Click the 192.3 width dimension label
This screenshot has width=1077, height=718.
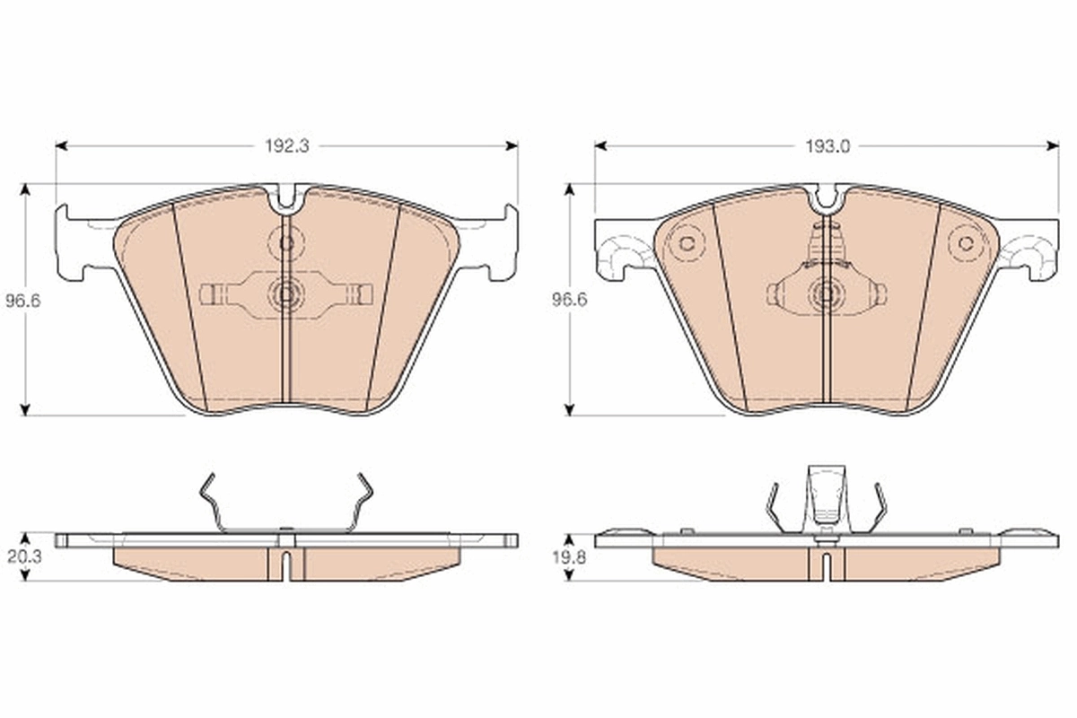coord(286,146)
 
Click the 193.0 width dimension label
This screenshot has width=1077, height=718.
coord(827,146)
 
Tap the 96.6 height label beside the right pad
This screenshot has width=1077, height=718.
coord(569,302)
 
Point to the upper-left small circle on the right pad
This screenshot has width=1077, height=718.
coord(687,242)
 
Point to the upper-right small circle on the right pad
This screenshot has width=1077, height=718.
coord(966,242)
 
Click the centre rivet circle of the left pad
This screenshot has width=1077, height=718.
coord(286,293)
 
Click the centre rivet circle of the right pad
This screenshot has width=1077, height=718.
coord(826,293)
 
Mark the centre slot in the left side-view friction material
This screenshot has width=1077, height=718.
coord(286,563)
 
